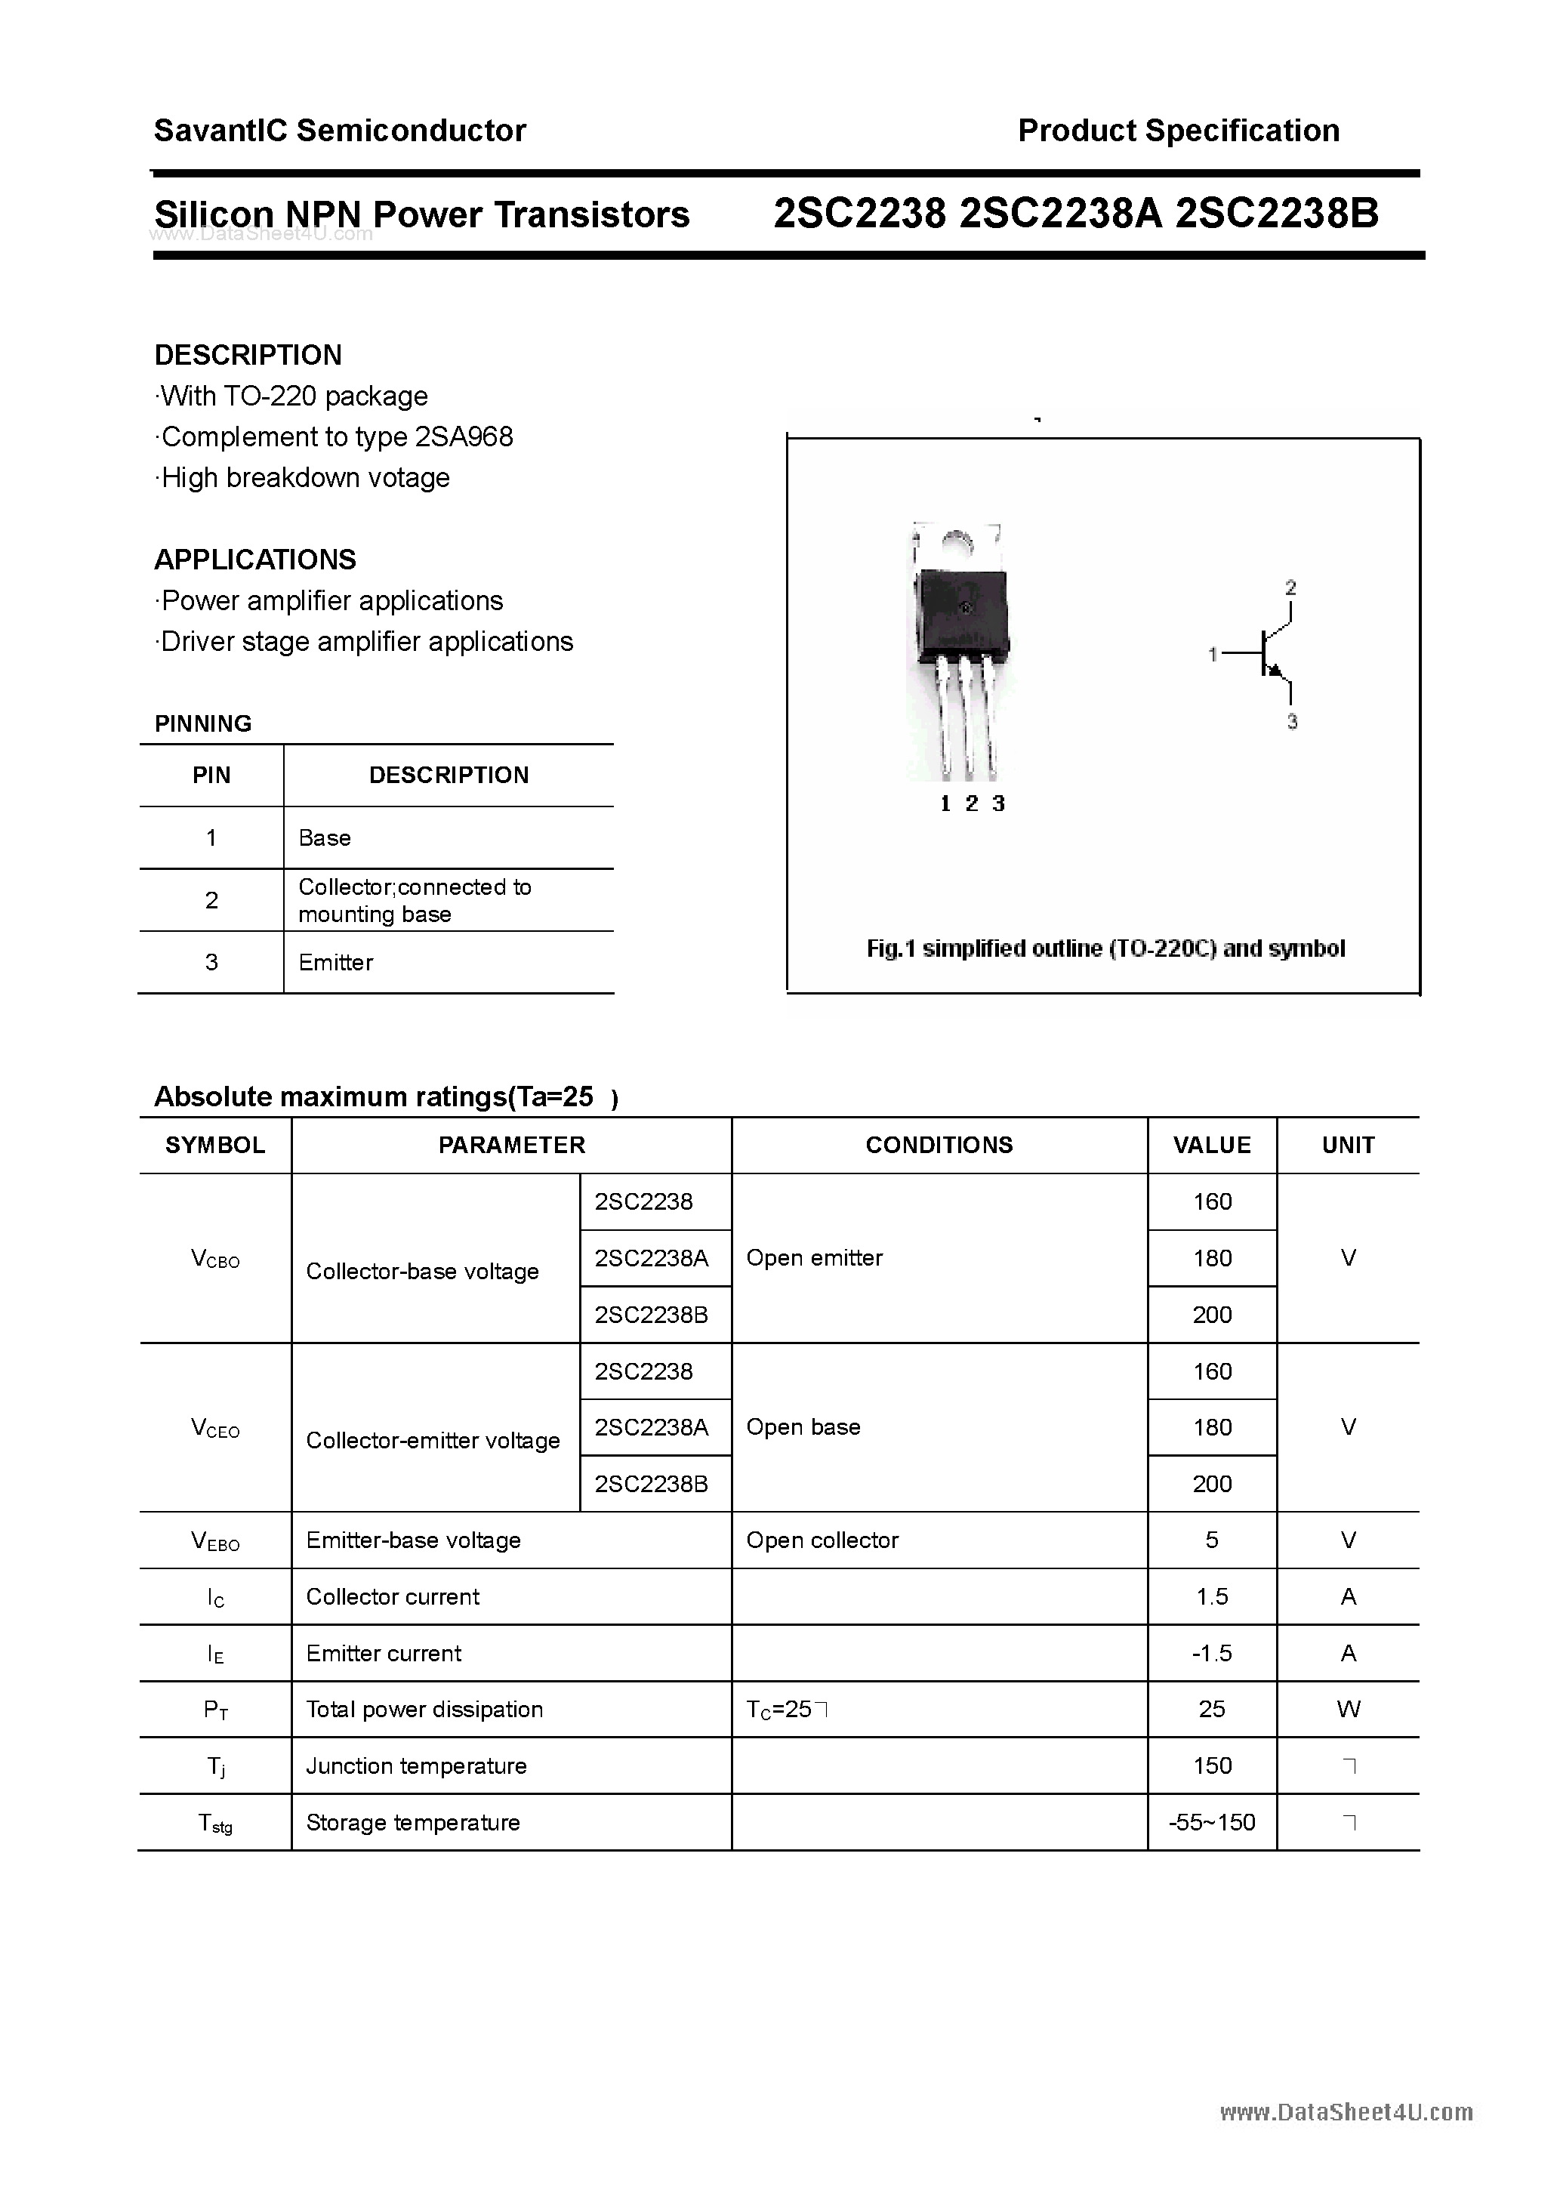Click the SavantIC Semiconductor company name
(340, 131)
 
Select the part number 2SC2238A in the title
(1061, 214)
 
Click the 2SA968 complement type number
(464, 437)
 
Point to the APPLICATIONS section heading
(255, 560)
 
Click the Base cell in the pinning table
(325, 837)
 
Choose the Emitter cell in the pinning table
(336, 963)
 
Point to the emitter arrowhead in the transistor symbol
(1276, 671)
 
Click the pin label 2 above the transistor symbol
(1290, 587)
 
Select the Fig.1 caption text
(1105, 949)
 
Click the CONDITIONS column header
(939, 1146)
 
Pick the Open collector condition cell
(822, 1540)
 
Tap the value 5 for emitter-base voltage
(1212, 1540)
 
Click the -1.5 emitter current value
(1212, 1653)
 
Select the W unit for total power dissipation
(1349, 1709)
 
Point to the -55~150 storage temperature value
(1212, 1822)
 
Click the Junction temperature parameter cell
(417, 1765)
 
